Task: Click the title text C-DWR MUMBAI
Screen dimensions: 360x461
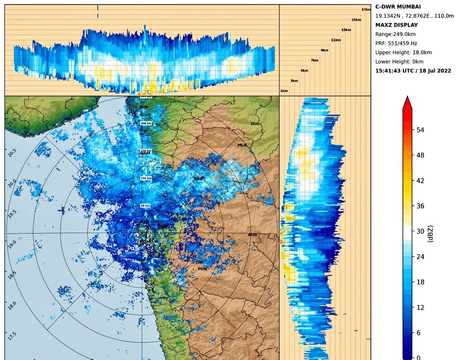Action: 398,7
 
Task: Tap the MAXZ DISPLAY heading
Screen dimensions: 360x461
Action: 396,25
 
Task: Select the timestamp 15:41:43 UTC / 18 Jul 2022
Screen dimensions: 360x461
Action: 413,71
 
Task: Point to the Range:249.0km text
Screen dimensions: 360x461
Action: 395,34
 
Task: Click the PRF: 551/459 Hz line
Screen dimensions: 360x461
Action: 396,43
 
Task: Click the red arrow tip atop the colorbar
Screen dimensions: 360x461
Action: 407,102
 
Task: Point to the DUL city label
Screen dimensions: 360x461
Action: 255,124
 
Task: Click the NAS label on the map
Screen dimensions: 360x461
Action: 198,179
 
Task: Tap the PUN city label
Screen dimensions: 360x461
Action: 202,269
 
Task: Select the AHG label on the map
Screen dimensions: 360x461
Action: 253,235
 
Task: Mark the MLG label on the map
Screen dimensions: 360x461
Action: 242,145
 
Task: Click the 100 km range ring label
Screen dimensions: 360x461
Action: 146,178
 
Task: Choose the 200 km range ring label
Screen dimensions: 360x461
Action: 146,123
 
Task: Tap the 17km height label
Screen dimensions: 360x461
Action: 366,9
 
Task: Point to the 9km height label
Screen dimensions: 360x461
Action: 324,50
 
